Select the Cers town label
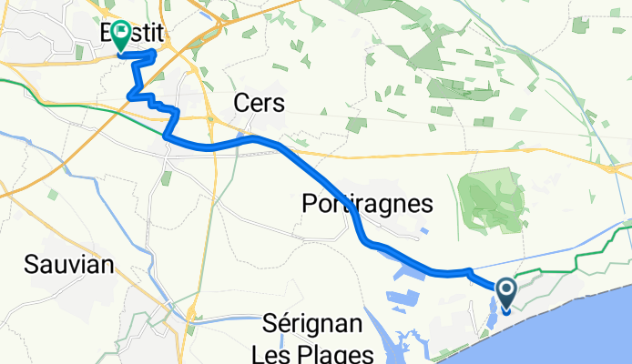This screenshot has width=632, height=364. [259, 104]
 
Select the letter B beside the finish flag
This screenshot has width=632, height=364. [107, 34]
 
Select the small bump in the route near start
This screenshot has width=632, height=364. [467, 270]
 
